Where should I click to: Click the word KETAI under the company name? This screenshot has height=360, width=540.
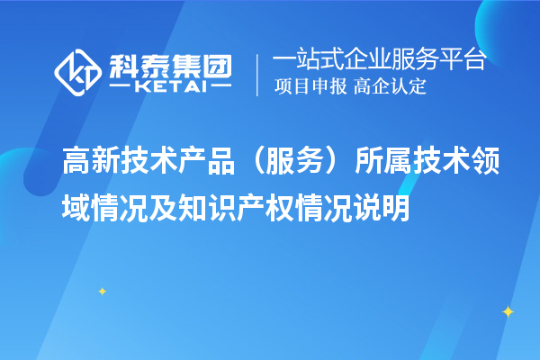tap(171, 87)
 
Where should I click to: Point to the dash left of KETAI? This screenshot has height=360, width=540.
tap(119, 87)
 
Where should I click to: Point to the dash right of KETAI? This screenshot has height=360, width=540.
tap(222, 87)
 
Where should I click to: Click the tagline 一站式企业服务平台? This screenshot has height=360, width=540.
tap(379, 60)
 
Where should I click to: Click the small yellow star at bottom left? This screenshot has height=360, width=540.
tap(102, 291)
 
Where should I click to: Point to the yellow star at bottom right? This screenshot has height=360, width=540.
tap(508, 311)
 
